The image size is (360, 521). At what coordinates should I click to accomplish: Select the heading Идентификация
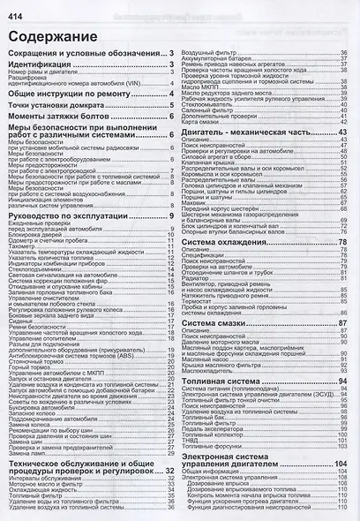(x=45, y=65)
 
